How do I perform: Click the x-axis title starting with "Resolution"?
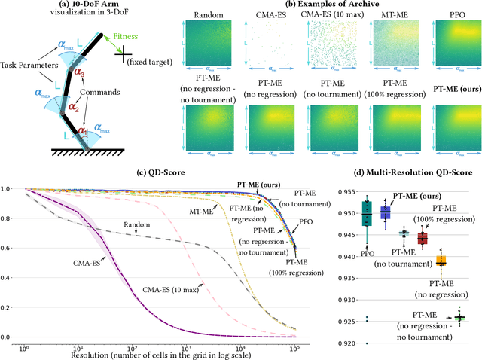tap(156, 353)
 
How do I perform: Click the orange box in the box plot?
tap(441, 261)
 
